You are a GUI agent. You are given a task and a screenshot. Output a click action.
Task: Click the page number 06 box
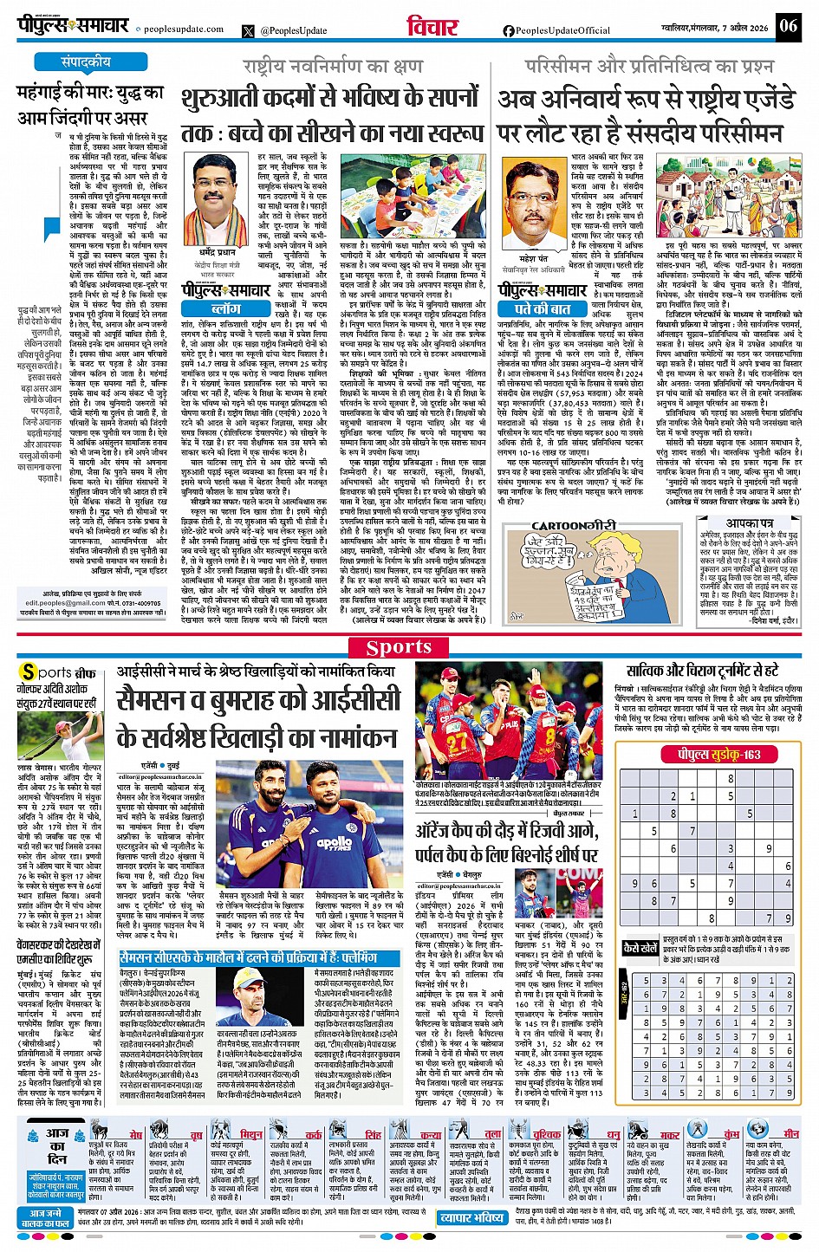pos(788,25)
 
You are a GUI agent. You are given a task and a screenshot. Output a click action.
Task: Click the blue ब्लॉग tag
pos(226,308)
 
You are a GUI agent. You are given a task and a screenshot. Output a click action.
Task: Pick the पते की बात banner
pos(543,308)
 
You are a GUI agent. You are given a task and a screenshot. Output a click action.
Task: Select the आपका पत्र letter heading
pos(749,524)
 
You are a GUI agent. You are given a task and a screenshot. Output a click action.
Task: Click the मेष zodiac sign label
pos(136,1135)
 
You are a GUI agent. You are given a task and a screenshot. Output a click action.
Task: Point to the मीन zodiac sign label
pos(790,1133)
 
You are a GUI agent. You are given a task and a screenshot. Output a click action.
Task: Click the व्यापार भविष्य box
pos(471,1217)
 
